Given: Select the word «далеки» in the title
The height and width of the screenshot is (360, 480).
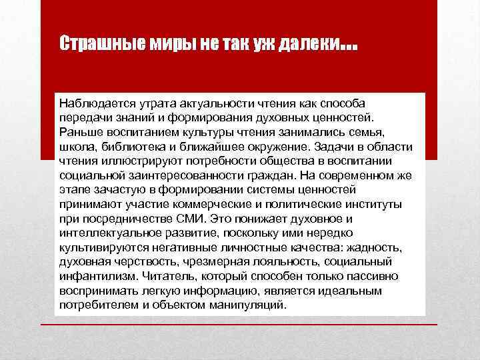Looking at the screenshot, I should (313, 44).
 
